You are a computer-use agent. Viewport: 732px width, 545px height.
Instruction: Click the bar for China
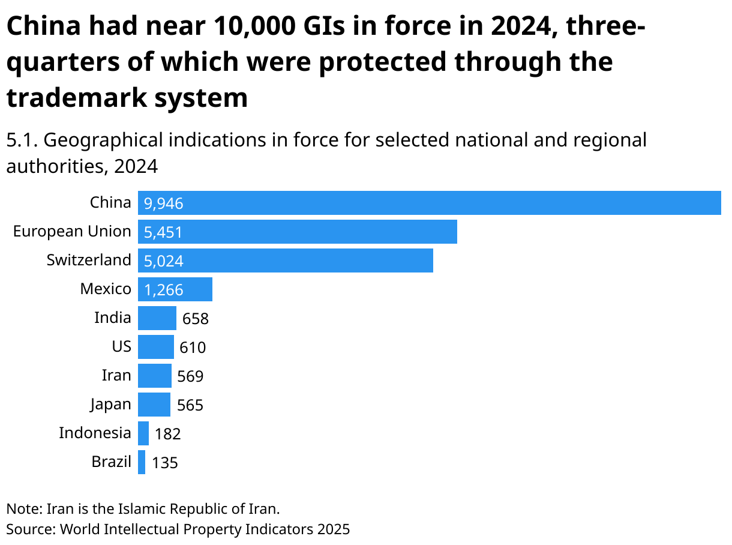(429, 203)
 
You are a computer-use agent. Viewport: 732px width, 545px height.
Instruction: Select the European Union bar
(297, 232)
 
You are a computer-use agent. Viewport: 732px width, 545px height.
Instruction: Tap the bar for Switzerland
(285, 260)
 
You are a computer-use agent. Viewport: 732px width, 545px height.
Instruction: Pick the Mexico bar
(175, 289)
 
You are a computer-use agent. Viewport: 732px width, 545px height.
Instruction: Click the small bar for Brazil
(142, 462)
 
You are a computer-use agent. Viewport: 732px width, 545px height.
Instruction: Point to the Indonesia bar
(143, 433)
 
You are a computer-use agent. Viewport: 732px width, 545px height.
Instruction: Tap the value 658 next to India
(195, 319)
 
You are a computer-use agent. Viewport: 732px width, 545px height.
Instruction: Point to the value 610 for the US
(193, 348)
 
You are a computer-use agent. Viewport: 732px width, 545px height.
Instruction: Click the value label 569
(190, 376)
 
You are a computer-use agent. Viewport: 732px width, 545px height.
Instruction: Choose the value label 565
(190, 405)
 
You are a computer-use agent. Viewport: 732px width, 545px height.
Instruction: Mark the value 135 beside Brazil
(165, 463)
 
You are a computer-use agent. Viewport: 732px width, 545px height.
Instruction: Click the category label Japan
(110, 405)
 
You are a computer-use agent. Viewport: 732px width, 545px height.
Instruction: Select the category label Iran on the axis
(116, 376)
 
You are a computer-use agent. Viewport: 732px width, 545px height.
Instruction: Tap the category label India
(112, 318)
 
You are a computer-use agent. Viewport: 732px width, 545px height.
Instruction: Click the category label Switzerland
(89, 260)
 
